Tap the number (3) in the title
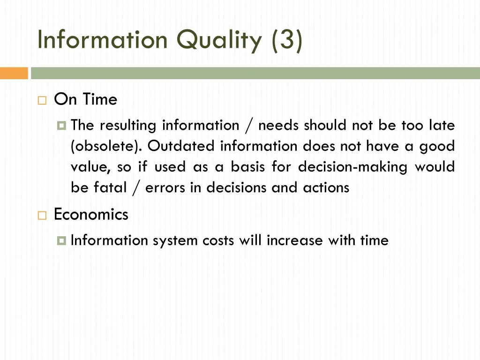point(286,40)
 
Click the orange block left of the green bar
point(14,73)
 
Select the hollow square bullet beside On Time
point(42,100)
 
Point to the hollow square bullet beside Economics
point(42,216)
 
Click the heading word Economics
point(91,215)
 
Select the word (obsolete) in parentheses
point(106,146)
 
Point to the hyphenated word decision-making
point(352,167)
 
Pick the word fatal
point(111,187)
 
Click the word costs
point(218,240)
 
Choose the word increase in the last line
point(295,240)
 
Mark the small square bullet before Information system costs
point(61,241)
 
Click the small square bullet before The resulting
point(61,126)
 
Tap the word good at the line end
point(437,146)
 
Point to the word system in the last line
point(175,240)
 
